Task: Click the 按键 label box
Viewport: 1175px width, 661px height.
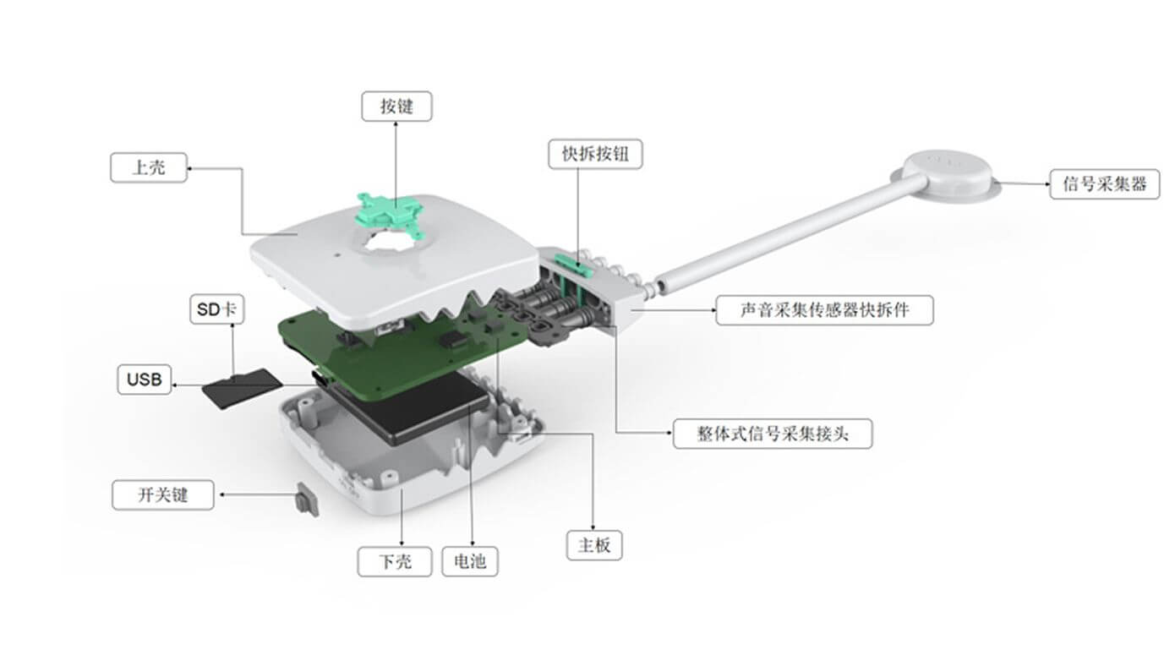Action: (x=396, y=107)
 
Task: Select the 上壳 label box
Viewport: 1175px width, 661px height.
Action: (x=149, y=167)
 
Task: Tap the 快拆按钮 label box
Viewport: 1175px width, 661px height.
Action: (x=594, y=154)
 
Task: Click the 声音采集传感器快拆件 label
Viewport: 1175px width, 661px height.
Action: (x=824, y=310)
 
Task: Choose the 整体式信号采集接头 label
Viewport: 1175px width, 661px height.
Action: (x=772, y=434)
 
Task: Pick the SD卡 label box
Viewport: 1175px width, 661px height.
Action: (x=217, y=310)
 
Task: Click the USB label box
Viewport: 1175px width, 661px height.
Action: (x=144, y=380)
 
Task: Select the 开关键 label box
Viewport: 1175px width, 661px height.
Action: (x=162, y=494)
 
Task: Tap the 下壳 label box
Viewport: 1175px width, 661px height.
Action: (x=395, y=561)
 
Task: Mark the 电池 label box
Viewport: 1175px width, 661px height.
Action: (x=470, y=561)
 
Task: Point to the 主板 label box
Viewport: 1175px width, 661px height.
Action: (x=593, y=545)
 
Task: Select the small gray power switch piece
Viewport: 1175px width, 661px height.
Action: (x=306, y=500)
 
